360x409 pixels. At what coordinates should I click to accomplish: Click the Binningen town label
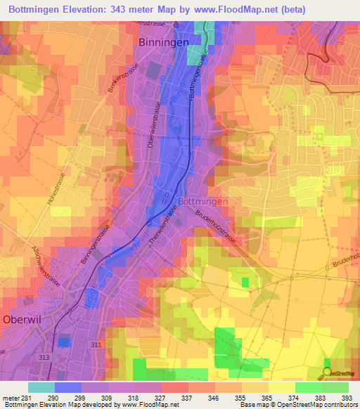[x=163, y=42]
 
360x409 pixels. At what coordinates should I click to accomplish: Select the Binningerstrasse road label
[x=96, y=242]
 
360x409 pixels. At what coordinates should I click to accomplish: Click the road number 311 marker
[x=96, y=344]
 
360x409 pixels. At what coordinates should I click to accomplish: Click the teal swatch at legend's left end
[x=41, y=387]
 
